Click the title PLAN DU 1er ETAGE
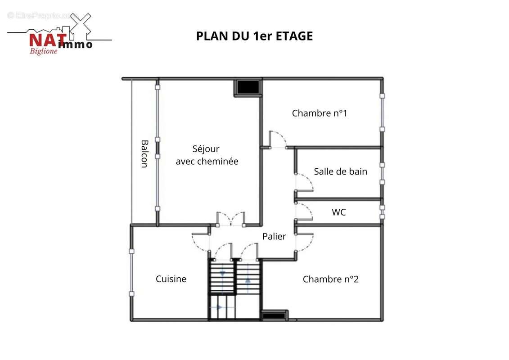pyautogui.click(x=255, y=36)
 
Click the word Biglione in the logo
pyautogui.click(x=44, y=51)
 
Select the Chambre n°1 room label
pyautogui.click(x=320, y=113)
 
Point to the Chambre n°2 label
pyautogui.click(x=330, y=279)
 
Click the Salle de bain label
pyautogui.click(x=341, y=171)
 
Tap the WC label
pyautogui.click(x=338, y=212)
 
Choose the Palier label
pyautogui.click(x=274, y=236)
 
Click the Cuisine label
pyautogui.click(x=171, y=279)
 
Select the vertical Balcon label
pyautogui.click(x=144, y=153)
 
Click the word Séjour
pyautogui.click(x=206, y=149)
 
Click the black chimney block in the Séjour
pyautogui.click(x=248, y=87)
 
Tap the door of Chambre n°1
pyautogui.click(x=278, y=139)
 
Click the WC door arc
pyautogui.click(x=304, y=212)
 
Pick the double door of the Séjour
pyautogui.click(x=231, y=219)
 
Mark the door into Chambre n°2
pyautogui.click(x=304, y=242)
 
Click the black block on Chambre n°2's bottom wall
pyautogui.click(x=274, y=315)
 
